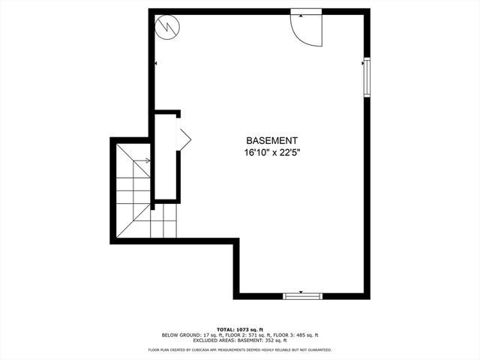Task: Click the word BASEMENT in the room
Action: [x=272, y=140]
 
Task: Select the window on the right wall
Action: [x=367, y=77]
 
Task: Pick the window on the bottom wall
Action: [x=302, y=295]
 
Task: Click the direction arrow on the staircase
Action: [x=140, y=160]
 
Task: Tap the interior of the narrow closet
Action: [x=166, y=157]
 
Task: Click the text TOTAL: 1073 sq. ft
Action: [x=240, y=329]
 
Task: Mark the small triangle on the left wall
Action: [x=155, y=64]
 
